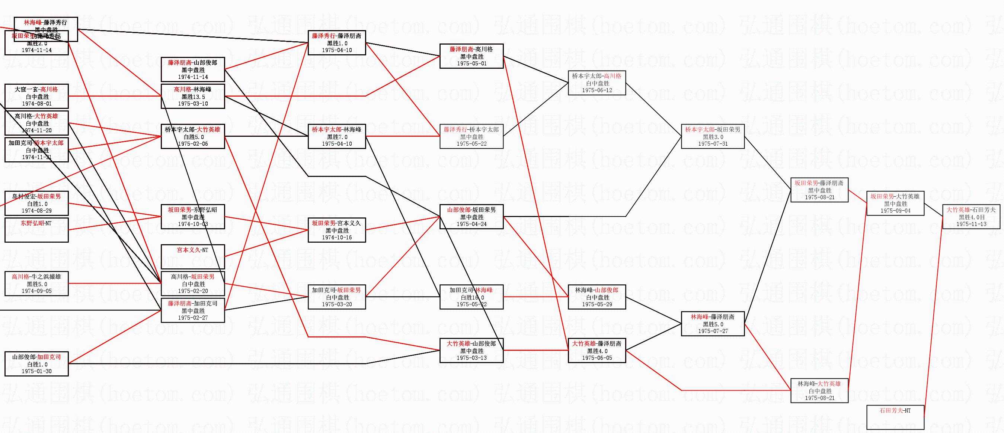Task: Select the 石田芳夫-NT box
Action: pos(895,417)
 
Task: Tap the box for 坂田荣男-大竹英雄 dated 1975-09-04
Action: pos(895,203)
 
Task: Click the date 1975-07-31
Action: pos(713,144)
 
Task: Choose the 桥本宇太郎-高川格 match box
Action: pos(597,83)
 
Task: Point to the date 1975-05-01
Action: pos(471,64)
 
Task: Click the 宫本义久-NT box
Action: pos(193,256)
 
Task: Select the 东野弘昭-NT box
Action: pos(36,230)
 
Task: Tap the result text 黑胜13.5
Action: pos(193,97)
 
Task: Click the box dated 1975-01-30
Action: pos(36,364)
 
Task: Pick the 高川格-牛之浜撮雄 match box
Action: pos(36,284)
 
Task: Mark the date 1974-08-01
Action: pos(36,104)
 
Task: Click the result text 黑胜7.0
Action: pos(337,137)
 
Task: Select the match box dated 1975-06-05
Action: pos(597,350)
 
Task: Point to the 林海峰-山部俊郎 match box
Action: pos(597,297)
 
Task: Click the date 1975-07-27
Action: pos(713,331)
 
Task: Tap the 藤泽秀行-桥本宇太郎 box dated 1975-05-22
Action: pos(471,136)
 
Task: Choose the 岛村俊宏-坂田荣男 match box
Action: pos(36,203)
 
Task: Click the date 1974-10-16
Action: pos(337,237)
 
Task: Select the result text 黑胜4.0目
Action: pos(972,217)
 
